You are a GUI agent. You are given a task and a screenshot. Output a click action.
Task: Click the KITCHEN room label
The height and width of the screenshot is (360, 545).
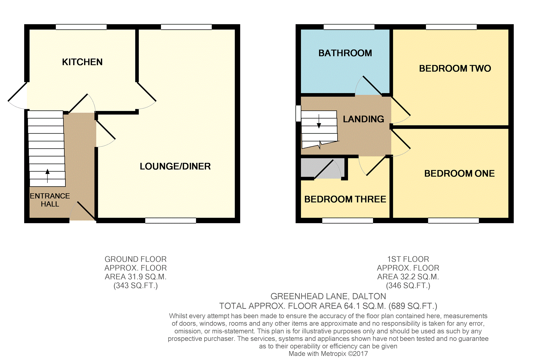[x=82, y=62]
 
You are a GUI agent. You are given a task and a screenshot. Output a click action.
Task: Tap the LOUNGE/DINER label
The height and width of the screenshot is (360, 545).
[x=175, y=166]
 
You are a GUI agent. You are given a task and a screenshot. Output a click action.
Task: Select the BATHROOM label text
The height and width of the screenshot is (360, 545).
[x=345, y=53]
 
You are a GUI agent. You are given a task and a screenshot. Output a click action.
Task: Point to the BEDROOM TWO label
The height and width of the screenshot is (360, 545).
[x=455, y=68]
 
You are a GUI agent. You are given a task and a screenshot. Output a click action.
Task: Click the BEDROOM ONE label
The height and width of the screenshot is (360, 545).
[x=459, y=173]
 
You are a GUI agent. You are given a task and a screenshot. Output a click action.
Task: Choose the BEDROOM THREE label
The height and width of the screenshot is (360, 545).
[x=345, y=199]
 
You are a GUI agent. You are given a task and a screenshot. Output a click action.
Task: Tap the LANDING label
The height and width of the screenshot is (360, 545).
[x=363, y=119]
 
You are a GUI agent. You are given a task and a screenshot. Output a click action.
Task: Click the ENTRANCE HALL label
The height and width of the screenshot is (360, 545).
[x=50, y=200]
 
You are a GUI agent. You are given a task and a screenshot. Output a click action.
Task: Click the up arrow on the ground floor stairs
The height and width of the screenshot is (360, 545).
[x=48, y=176]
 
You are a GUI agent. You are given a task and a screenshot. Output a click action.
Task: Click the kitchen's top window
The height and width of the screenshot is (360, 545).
[x=81, y=27]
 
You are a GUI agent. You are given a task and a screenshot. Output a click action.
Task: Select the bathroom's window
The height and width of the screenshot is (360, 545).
[x=349, y=27]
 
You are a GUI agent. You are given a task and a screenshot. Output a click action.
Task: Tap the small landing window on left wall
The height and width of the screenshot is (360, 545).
[x=298, y=113]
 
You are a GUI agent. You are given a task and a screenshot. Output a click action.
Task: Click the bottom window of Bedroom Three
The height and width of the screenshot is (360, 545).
[x=348, y=221]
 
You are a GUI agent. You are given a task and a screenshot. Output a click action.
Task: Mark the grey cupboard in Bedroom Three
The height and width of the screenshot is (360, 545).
[x=323, y=168]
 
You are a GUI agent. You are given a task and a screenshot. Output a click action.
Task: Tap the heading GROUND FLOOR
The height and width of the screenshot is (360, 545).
[x=136, y=259]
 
